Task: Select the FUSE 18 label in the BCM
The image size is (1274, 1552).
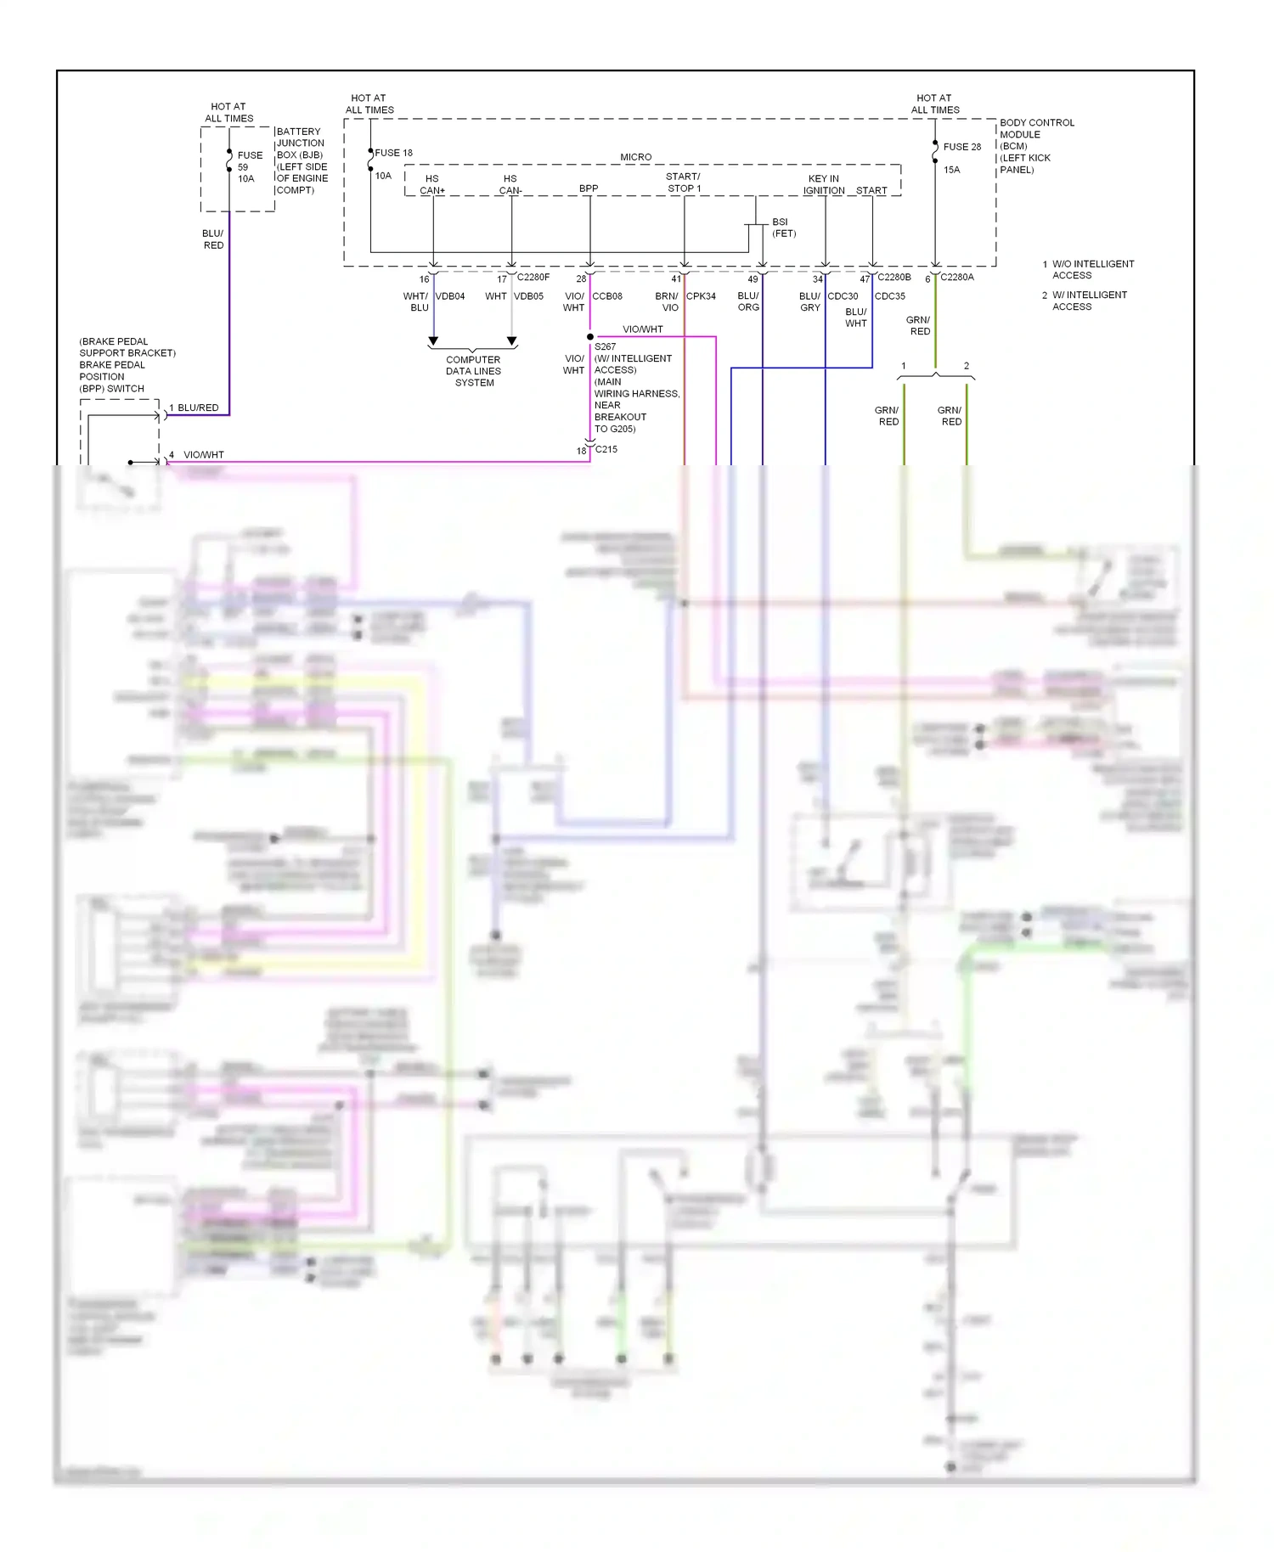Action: tap(393, 153)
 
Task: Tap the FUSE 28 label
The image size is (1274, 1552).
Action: tap(961, 147)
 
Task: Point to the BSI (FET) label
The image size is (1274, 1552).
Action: tap(783, 228)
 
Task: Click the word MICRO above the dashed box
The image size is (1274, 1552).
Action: tap(635, 157)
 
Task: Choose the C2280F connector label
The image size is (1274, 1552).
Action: tap(533, 277)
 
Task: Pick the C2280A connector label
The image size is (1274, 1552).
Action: tap(957, 277)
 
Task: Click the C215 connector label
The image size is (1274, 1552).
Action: tap(606, 449)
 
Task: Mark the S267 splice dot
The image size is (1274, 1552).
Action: tap(590, 337)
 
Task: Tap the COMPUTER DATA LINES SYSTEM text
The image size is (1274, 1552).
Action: tap(474, 371)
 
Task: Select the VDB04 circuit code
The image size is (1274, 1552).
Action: tap(450, 296)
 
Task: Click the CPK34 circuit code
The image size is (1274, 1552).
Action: tap(701, 296)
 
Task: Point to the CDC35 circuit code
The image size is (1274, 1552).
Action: tap(890, 296)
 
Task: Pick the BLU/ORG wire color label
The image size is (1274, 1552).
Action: tap(748, 301)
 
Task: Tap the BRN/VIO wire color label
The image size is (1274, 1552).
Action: tap(668, 301)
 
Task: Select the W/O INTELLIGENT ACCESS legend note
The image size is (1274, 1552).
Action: tap(1092, 269)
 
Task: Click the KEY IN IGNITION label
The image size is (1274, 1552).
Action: tap(824, 184)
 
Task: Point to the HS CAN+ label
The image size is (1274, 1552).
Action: tap(432, 184)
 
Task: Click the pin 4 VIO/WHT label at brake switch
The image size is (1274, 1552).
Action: tap(203, 455)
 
